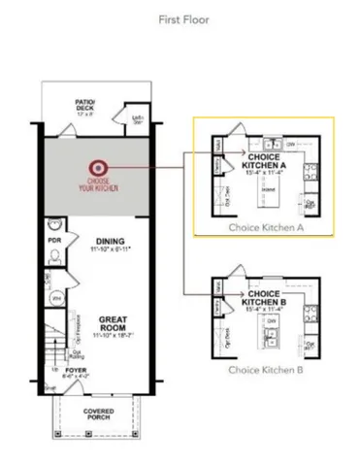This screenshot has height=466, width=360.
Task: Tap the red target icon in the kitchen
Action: tap(97, 167)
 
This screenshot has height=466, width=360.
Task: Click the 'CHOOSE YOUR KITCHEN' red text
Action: tap(97, 184)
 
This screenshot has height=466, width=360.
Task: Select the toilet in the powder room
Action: tap(54, 255)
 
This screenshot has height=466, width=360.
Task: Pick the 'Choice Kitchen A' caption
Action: tap(266, 227)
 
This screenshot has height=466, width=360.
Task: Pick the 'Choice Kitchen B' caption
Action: tap(266, 370)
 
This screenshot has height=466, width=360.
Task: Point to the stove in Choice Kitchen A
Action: tap(310, 174)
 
